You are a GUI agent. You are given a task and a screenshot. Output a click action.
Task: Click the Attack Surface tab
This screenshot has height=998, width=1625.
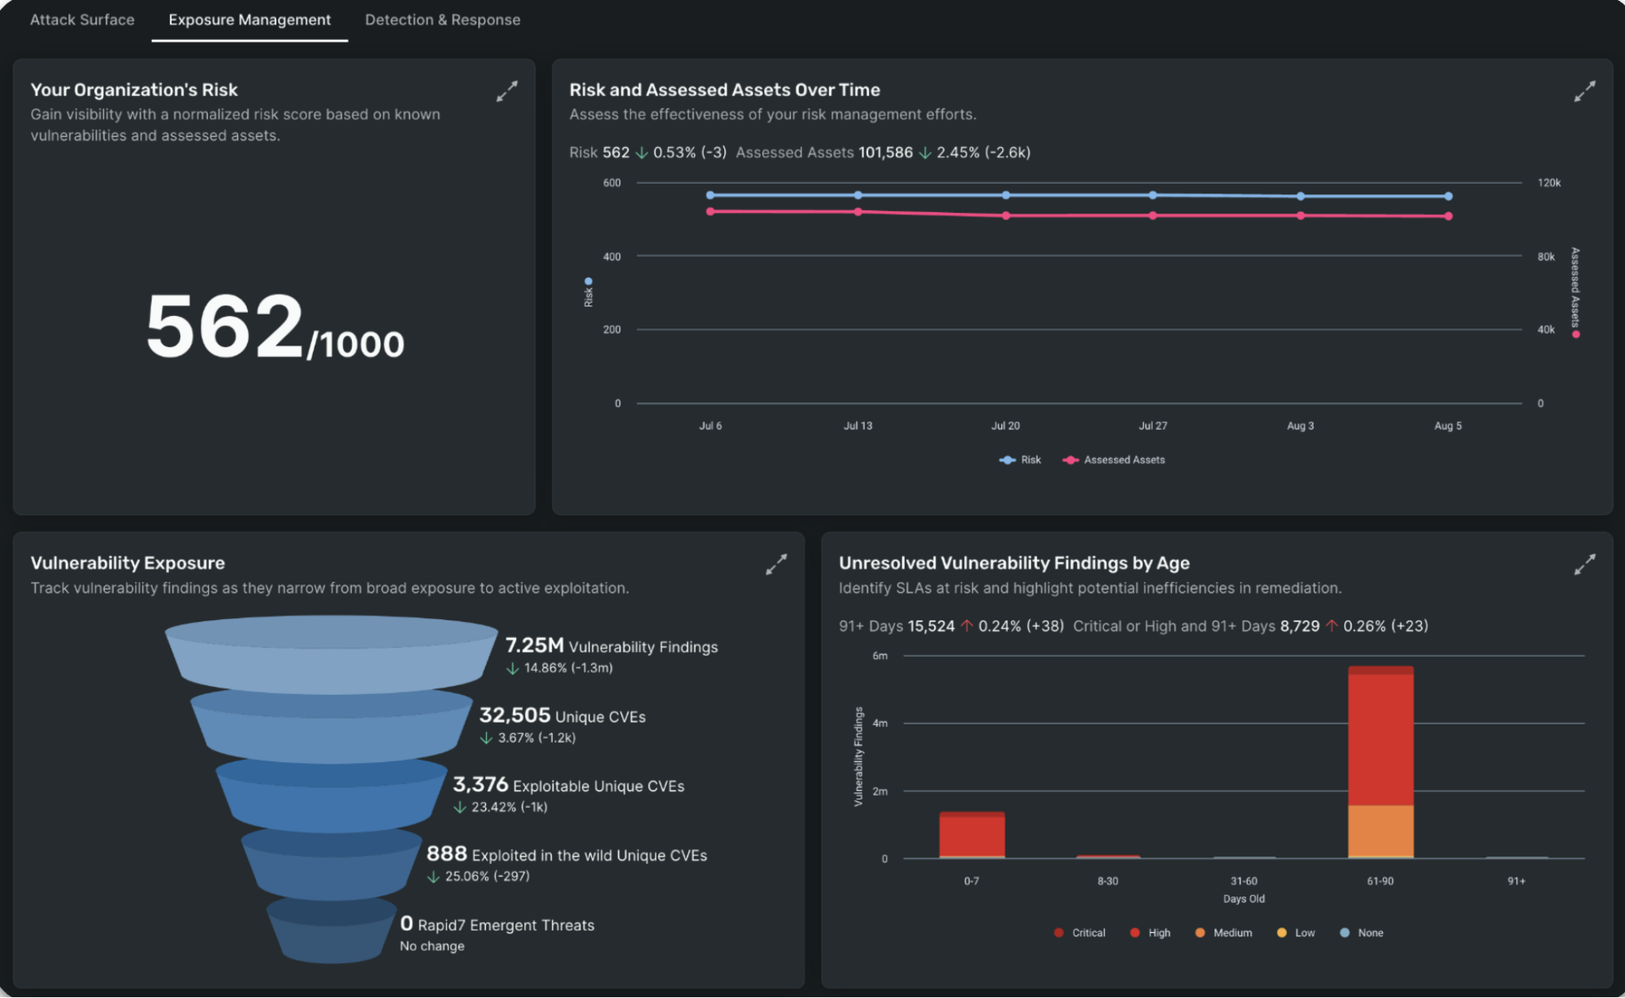coord(82,20)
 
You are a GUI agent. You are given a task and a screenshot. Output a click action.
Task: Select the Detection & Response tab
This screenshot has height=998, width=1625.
coord(442,20)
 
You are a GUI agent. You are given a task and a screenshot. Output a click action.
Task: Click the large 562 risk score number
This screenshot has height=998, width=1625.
coord(225,327)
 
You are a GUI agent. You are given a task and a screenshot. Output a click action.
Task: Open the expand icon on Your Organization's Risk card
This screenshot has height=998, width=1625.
coord(506,91)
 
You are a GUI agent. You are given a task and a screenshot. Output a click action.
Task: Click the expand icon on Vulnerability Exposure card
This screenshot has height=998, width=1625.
coord(776,564)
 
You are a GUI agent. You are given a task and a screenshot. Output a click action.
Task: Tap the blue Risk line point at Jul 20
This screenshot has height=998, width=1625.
coord(1006,195)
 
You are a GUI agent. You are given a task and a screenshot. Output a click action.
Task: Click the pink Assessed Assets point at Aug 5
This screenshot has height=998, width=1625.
coord(1448,216)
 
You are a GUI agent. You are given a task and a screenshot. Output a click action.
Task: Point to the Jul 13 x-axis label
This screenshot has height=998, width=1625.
coord(858,426)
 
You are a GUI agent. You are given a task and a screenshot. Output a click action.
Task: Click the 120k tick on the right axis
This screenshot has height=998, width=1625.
coord(1549,183)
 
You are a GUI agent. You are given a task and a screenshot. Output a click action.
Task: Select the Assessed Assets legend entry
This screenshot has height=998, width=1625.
coord(1123,460)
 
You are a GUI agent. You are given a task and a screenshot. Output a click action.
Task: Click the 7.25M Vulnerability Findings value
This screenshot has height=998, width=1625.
coord(534,645)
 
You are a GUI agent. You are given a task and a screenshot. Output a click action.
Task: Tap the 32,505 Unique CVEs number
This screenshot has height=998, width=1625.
coord(515,715)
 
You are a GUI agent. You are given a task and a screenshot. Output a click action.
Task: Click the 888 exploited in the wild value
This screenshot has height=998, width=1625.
coord(446,853)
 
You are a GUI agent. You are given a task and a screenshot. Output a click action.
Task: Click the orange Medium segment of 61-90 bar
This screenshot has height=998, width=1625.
coord(1380,831)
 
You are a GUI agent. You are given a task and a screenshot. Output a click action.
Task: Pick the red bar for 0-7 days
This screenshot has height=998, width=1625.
coord(971,835)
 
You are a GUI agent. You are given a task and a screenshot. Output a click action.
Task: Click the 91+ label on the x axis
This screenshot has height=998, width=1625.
coord(1516,881)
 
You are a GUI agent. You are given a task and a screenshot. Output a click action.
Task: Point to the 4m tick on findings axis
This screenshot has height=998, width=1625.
coord(880,723)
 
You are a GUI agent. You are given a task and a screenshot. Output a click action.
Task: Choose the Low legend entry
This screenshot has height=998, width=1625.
coord(1304,933)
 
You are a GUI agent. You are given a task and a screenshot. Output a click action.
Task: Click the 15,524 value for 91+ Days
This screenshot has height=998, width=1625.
coord(931,626)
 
